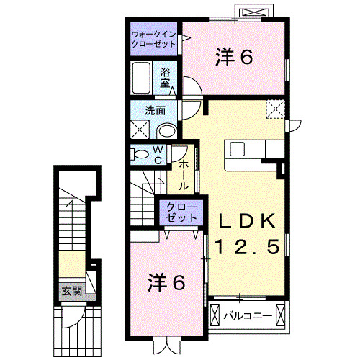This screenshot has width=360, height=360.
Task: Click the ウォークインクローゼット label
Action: click(155, 39)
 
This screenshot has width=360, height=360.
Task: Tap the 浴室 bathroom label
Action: click(166, 77)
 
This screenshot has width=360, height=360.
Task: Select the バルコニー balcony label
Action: click(246, 315)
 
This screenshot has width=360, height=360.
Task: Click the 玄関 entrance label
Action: click(71, 291)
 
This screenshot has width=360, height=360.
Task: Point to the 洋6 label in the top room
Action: click(234, 58)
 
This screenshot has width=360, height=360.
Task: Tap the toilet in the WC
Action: click(140, 153)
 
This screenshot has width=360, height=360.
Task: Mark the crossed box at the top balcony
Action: click(255, 13)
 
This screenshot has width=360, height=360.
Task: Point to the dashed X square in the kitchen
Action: click(275, 110)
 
